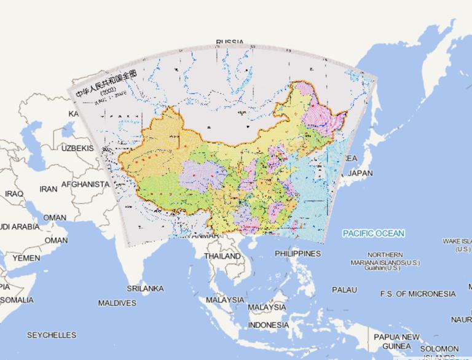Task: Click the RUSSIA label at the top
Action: point(229,42)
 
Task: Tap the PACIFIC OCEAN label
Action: point(374,233)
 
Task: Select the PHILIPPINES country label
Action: point(297,253)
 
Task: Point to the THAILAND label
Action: point(222,256)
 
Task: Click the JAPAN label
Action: point(360,174)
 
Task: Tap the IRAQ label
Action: point(14,194)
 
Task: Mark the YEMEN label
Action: point(26,259)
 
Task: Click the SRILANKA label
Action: point(145,288)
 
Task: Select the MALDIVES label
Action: point(117,303)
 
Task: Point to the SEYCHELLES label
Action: point(51,335)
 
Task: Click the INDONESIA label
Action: point(268,324)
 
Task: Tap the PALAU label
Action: point(344,289)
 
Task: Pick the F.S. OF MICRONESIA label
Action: point(417,294)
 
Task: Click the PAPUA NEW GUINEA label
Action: point(396,341)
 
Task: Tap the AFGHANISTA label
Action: point(85,184)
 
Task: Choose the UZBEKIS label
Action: point(77,149)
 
